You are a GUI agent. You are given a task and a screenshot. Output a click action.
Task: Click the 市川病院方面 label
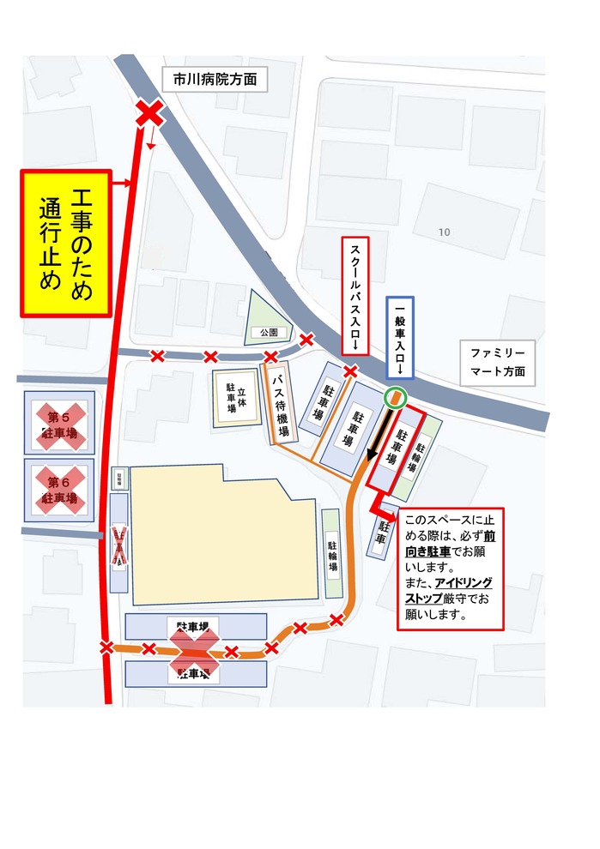pyautogui.click(x=215, y=80)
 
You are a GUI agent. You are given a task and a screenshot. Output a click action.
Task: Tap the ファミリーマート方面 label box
pyautogui.click(x=498, y=363)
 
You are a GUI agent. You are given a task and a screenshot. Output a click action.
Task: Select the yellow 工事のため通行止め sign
pyautogui.click(x=66, y=244)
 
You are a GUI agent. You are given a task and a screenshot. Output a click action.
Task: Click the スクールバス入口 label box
pyautogui.click(x=355, y=295)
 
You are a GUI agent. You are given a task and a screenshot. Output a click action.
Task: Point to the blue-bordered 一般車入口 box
pyautogui.click(x=400, y=338)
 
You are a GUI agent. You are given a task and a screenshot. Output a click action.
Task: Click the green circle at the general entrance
pyautogui.click(x=394, y=397)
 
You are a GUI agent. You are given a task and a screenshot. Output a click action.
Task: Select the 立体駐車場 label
pyautogui.click(x=236, y=399)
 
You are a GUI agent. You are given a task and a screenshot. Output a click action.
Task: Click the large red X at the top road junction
pyautogui.click(x=150, y=112)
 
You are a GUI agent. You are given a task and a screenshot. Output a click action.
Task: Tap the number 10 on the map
pyautogui.click(x=444, y=232)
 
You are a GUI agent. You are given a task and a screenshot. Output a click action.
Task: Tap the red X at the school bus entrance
pyautogui.click(x=350, y=371)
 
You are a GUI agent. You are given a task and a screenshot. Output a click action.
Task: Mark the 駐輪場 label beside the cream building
pyautogui.click(x=332, y=554)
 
